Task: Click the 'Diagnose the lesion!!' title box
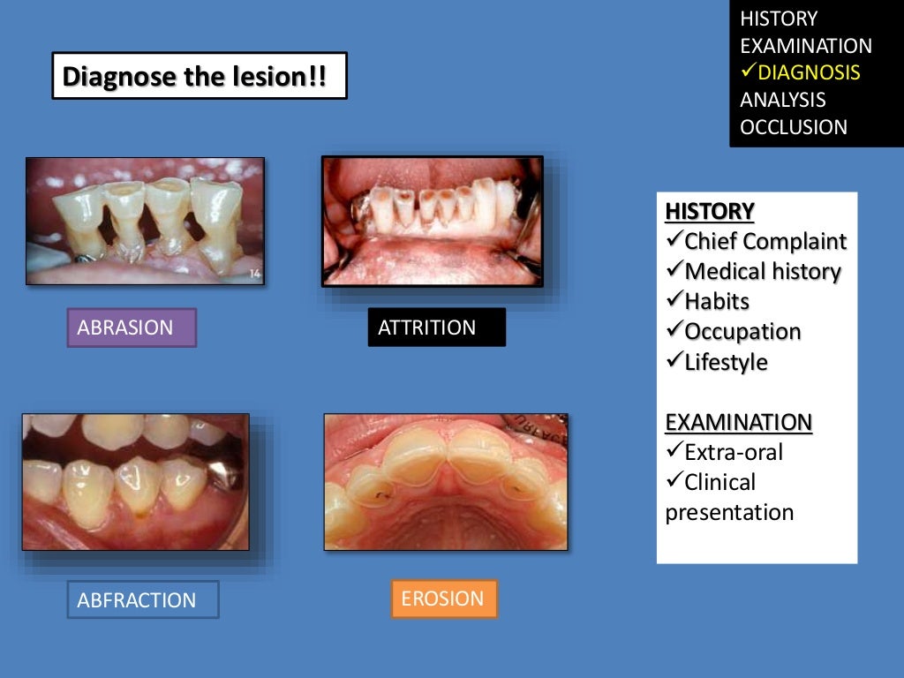[x=199, y=76]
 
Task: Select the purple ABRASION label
[x=132, y=328]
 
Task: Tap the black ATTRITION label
[x=436, y=328]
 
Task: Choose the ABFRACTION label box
[x=142, y=599]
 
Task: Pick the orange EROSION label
[x=444, y=599]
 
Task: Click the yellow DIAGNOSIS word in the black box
[x=808, y=72]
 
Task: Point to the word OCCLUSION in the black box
[x=793, y=127]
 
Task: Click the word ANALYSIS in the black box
[x=782, y=100]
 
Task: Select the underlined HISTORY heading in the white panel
[x=710, y=211]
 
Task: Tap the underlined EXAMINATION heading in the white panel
[x=738, y=422]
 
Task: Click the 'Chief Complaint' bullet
[x=765, y=241]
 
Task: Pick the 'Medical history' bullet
[x=762, y=272]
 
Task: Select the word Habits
[x=716, y=302]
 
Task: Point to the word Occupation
[x=742, y=332]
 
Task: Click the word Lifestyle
[x=726, y=362]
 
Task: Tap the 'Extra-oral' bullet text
[x=733, y=453]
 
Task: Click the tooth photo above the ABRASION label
[x=145, y=221]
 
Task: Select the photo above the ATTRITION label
[x=432, y=221]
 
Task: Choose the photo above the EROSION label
[x=445, y=481]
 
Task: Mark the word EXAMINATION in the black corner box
[x=805, y=46]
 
